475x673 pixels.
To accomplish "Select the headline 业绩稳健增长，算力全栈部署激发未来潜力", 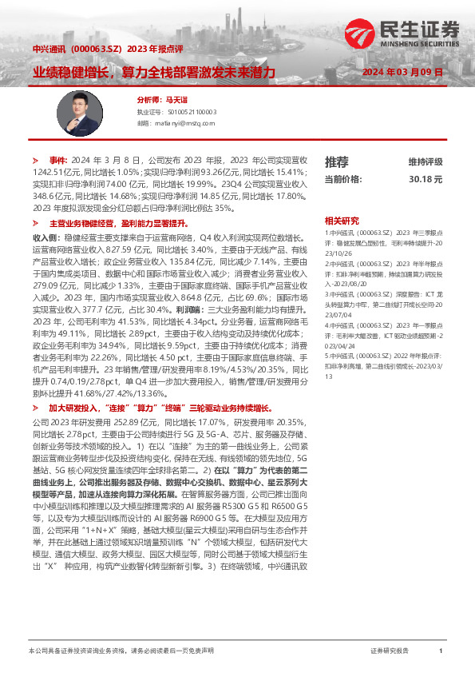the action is click(154, 72).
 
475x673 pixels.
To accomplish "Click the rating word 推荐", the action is click(336, 161).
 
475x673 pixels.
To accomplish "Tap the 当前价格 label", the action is click(344, 180).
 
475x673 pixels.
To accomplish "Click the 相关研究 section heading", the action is click(342, 220).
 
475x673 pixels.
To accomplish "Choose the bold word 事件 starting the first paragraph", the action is click(59, 161).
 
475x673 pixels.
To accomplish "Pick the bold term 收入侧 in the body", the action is click(44, 238).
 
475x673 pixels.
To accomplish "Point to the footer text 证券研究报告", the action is click(390, 651).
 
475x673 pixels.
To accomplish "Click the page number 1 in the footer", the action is click(441, 651).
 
